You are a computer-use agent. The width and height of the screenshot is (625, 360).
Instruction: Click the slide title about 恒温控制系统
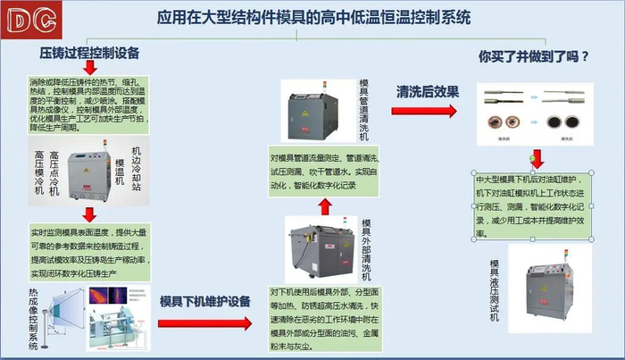pyautogui.click(x=315, y=17)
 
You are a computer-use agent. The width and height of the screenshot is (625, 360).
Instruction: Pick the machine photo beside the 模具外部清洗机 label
pyautogui.click(x=319, y=246)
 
